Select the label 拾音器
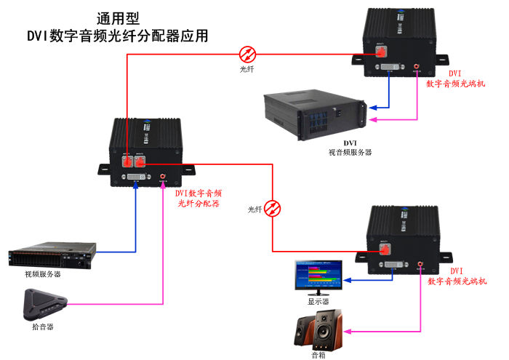42,327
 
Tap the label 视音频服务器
350,152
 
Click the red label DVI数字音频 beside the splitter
199,193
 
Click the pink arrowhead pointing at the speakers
349,331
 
